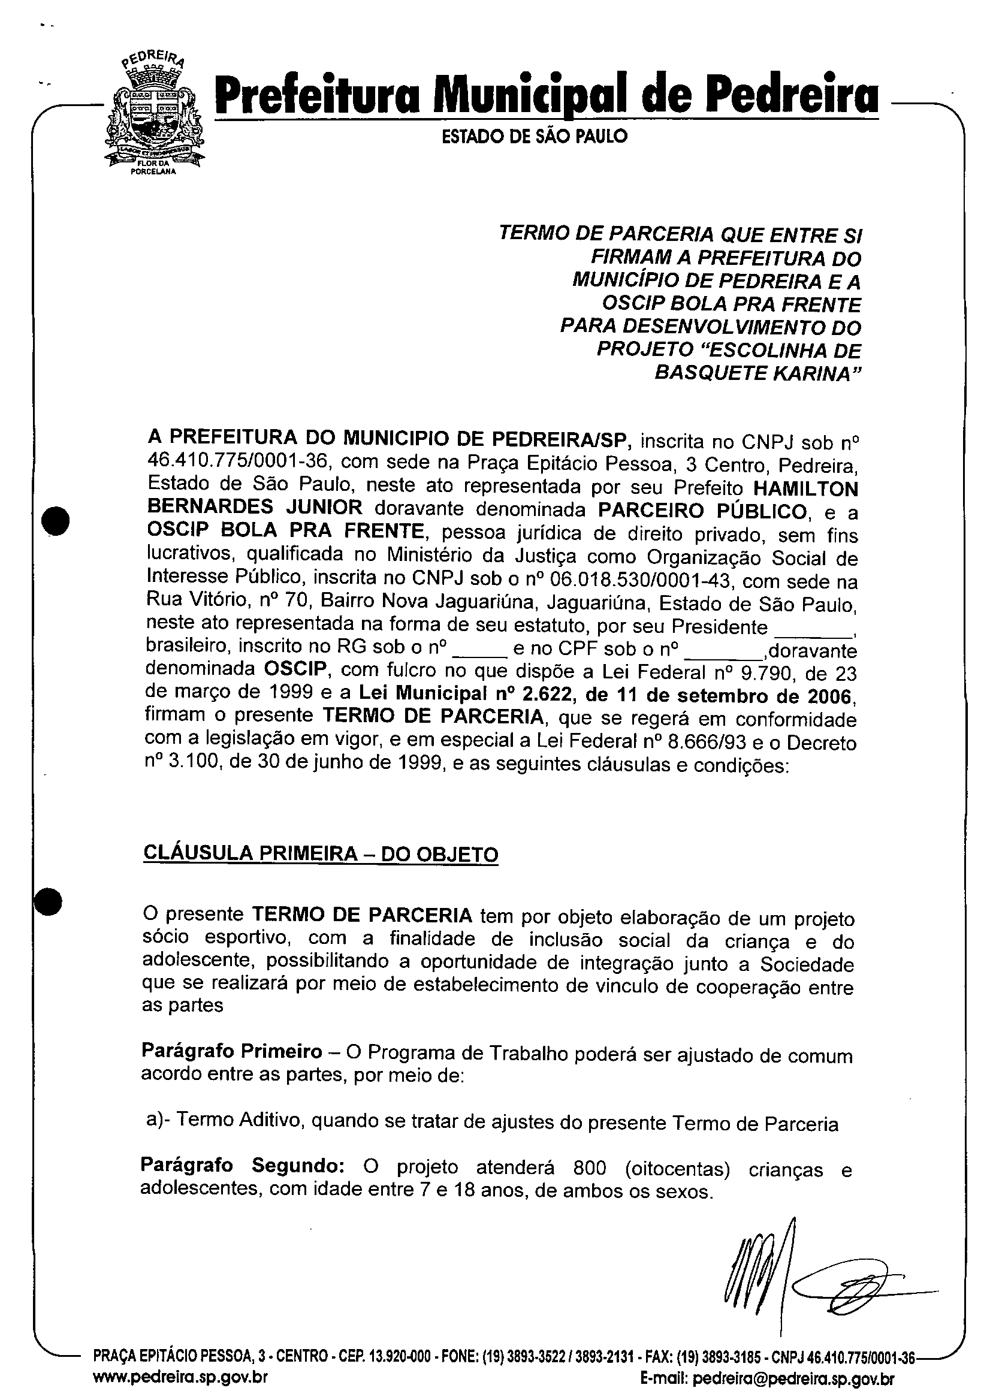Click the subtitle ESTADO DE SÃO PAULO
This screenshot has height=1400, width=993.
tap(535, 136)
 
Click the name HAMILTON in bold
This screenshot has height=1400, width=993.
tap(806, 488)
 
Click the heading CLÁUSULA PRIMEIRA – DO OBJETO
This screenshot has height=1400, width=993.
tap(321, 853)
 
